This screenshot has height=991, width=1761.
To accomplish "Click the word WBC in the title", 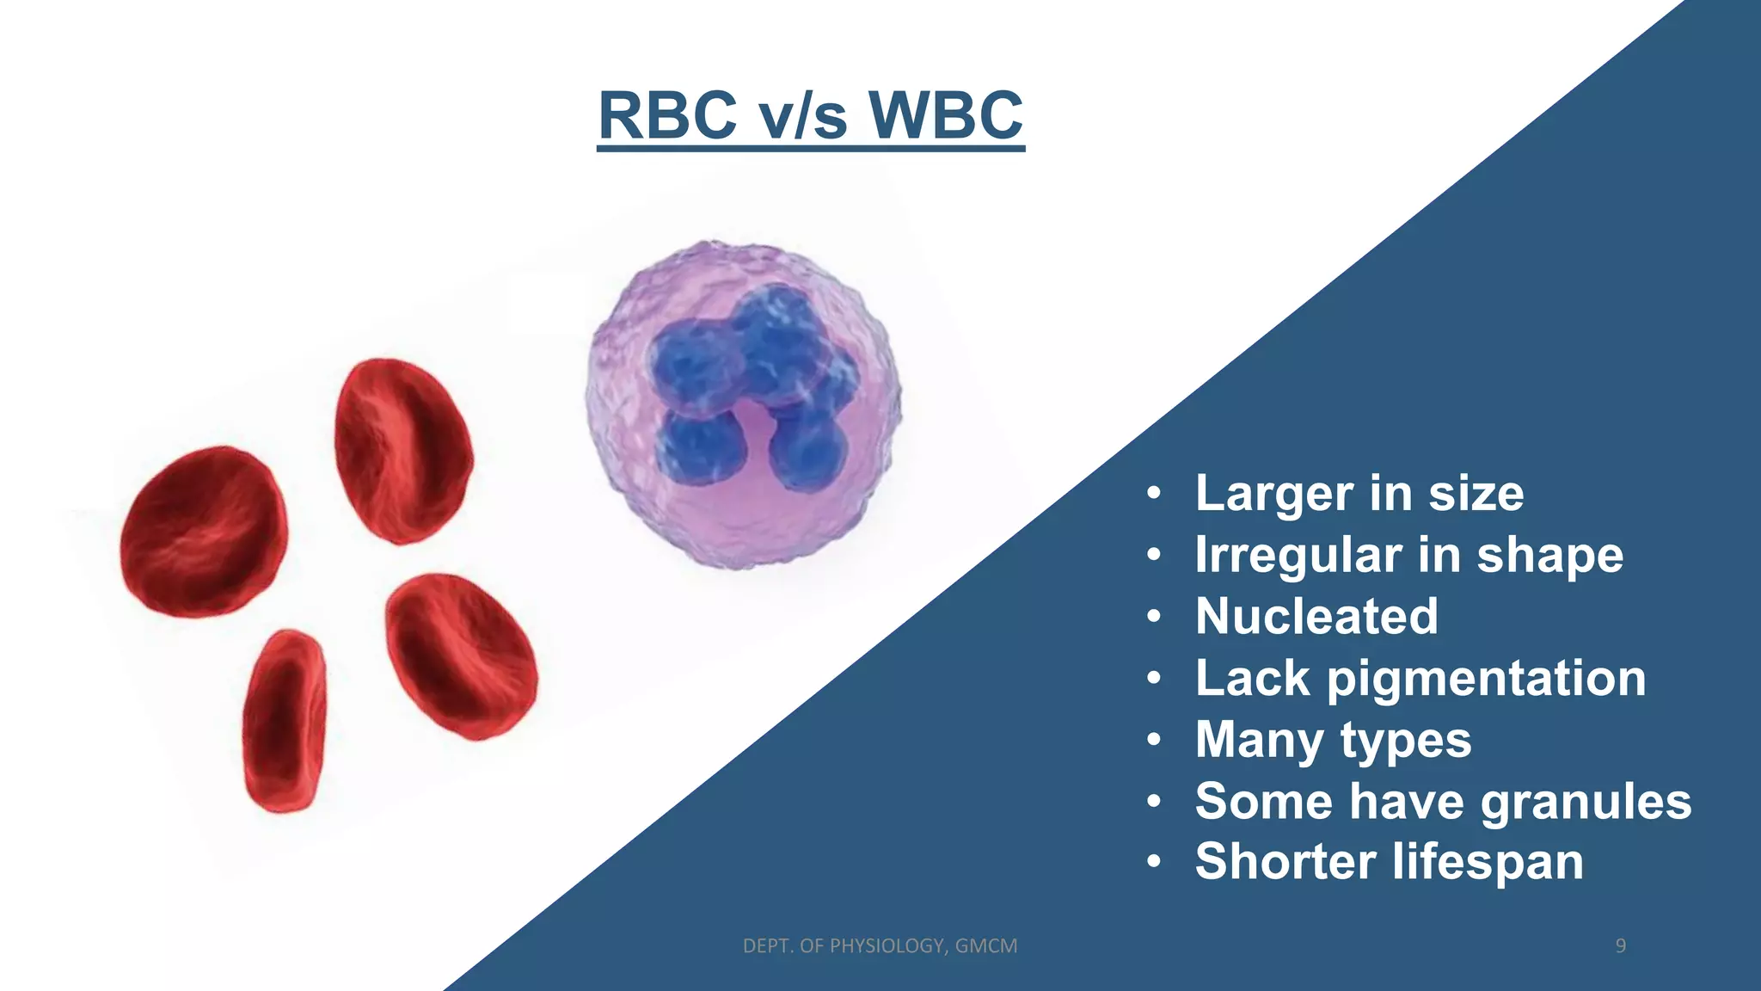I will point(946,115).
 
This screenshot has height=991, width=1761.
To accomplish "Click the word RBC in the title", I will point(667,115).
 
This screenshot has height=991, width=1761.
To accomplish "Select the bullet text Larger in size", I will point(1359,494).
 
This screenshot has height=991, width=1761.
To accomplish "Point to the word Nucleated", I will point(1316,617).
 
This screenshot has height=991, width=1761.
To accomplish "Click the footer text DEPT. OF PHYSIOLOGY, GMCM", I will point(880,946).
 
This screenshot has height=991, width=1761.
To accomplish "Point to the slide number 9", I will point(1620,946).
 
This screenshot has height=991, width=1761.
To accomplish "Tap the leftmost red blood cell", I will point(205,531).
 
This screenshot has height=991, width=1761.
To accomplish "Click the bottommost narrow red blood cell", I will point(285,721).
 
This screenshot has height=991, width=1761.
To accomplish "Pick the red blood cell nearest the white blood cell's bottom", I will point(461,656).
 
